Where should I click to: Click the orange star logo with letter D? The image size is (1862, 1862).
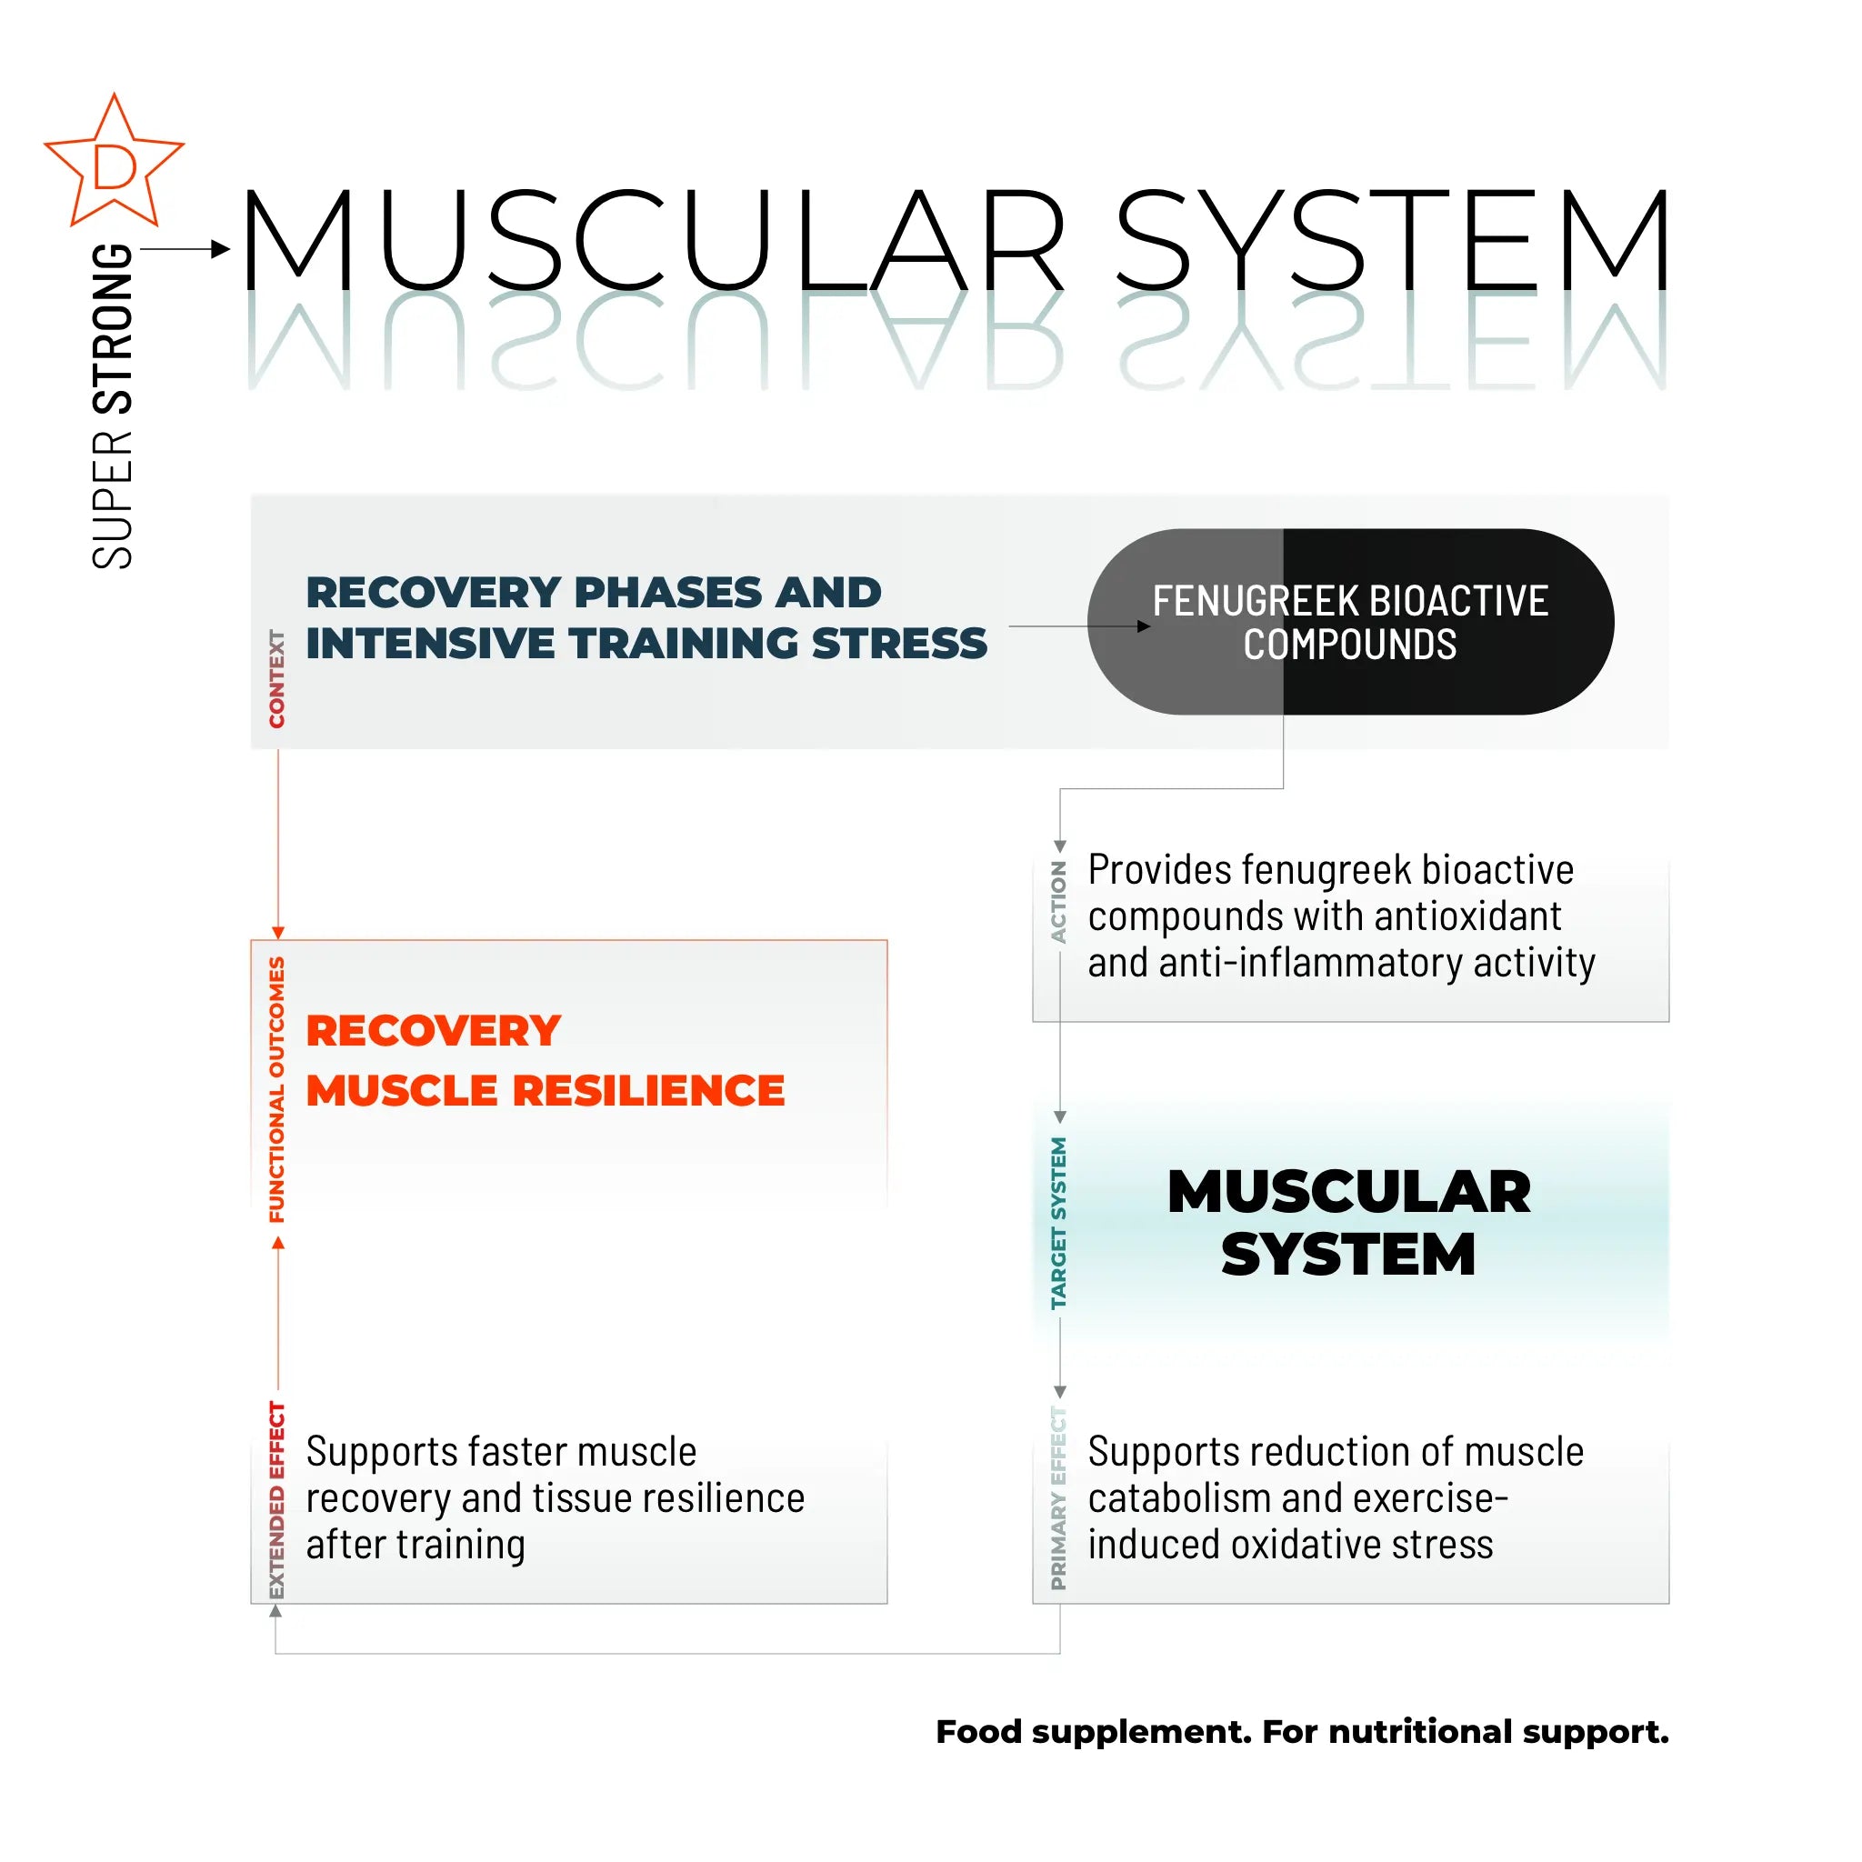pos(114,164)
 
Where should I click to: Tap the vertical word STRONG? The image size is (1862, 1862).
pos(112,328)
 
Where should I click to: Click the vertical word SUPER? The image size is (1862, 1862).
pos(112,498)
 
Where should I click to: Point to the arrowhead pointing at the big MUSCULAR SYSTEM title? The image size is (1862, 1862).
pos(221,250)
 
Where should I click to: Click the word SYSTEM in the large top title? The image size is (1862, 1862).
pos(1392,240)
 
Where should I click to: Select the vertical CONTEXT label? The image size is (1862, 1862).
pos(277,678)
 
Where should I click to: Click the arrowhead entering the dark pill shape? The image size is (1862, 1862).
pos(1144,626)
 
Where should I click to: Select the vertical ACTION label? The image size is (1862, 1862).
pos(1059,902)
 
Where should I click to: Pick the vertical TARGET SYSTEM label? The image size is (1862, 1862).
pos(1059,1223)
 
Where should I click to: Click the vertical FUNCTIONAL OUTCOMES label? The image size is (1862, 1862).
pos(277,1089)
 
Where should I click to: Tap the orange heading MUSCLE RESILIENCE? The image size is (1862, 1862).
pos(545,1091)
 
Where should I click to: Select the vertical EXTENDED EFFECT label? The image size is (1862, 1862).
pos(277,1499)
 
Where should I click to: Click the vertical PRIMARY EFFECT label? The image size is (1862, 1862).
pos(1059,1497)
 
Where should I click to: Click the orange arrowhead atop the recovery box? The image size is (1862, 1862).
pos(278,933)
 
